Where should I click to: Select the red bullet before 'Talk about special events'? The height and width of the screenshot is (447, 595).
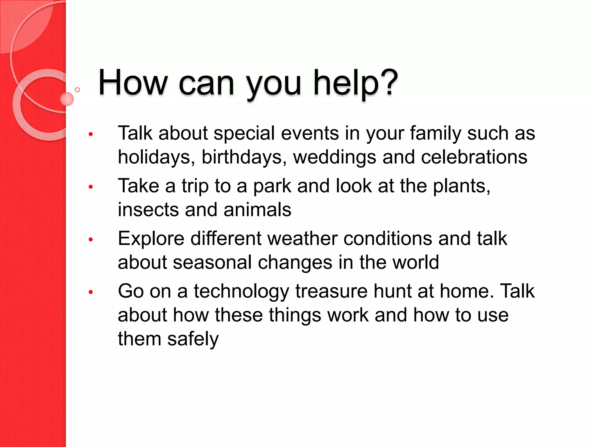[91, 134]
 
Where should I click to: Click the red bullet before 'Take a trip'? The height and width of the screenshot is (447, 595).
[91, 187]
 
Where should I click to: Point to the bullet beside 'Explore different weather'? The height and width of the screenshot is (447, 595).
[91, 240]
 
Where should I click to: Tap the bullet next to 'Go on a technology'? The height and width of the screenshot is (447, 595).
[91, 292]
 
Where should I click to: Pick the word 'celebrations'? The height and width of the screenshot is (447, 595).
[474, 157]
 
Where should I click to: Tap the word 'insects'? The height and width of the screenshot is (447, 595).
[148, 210]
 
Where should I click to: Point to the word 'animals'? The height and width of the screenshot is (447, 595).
[257, 210]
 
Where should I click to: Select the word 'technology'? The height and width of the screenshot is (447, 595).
[241, 292]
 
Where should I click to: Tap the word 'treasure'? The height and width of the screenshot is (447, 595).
[331, 291]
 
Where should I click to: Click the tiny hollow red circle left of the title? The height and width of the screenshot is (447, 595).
[77, 90]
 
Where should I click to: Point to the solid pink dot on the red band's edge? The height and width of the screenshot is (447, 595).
[67, 99]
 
